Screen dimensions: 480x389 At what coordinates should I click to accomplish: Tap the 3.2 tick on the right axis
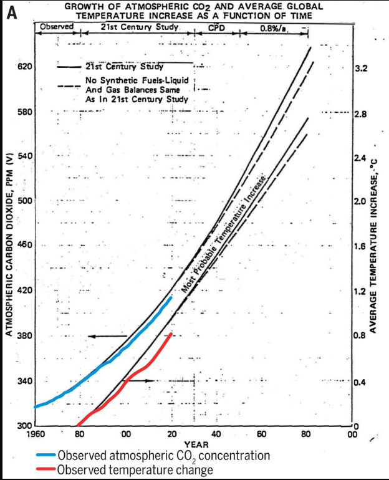tap(361, 69)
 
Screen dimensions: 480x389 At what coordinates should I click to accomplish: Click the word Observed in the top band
tap(57, 27)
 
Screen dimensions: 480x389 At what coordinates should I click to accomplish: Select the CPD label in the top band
tap(216, 27)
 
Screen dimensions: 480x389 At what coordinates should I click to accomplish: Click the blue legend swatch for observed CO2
tap(46, 456)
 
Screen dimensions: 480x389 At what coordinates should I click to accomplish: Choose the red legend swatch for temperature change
tap(46, 469)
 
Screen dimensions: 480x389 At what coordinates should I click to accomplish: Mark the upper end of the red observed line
tap(171, 334)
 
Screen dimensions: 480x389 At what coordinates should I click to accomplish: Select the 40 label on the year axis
tap(215, 434)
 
